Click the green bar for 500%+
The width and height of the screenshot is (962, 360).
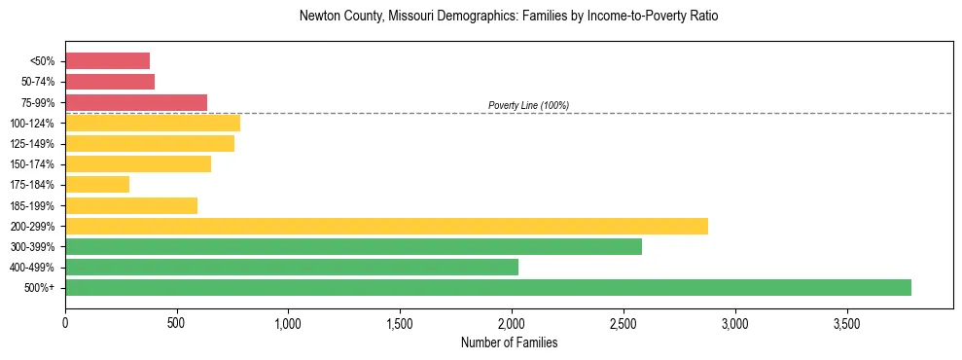[487, 287]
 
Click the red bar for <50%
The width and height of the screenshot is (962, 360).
[107, 61]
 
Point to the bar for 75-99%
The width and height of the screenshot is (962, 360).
[135, 102]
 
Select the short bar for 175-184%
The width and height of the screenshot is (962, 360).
[96, 184]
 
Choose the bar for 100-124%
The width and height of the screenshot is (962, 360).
[152, 123]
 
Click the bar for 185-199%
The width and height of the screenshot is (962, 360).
[130, 205]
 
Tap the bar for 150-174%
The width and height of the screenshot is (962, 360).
[137, 163]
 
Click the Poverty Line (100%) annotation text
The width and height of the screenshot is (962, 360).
[528, 105]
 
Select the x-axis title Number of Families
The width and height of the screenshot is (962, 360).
[509, 342]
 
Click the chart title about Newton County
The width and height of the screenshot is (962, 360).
[509, 17]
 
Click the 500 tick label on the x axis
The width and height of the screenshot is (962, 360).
[176, 323]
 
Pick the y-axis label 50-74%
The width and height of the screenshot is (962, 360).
[38, 82]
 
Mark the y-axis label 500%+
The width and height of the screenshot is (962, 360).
[42, 288]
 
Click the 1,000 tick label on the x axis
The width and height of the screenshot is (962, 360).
[288, 323]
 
